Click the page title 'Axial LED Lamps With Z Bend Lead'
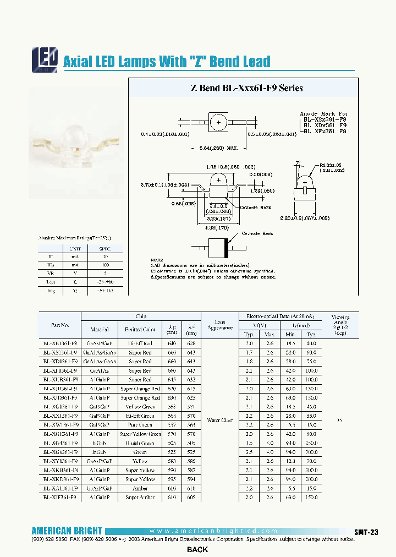pyautogui.click(x=167, y=62)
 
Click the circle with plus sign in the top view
pyautogui.click(x=218, y=122)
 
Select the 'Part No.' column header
pyautogui.click(x=60, y=325)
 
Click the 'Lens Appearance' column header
pyautogui.click(x=220, y=325)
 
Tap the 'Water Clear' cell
pyautogui.click(x=220, y=421)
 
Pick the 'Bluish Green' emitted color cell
pyautogui.click(x=140, y=443)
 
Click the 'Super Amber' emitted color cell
pyautogui.click(x=140, y=498)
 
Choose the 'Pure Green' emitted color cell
pyautogui.click(x=140, y=425)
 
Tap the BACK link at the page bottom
pyautogui.click(x=197, y=550)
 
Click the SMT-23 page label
pyautogui.click(x=366, y=532)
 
